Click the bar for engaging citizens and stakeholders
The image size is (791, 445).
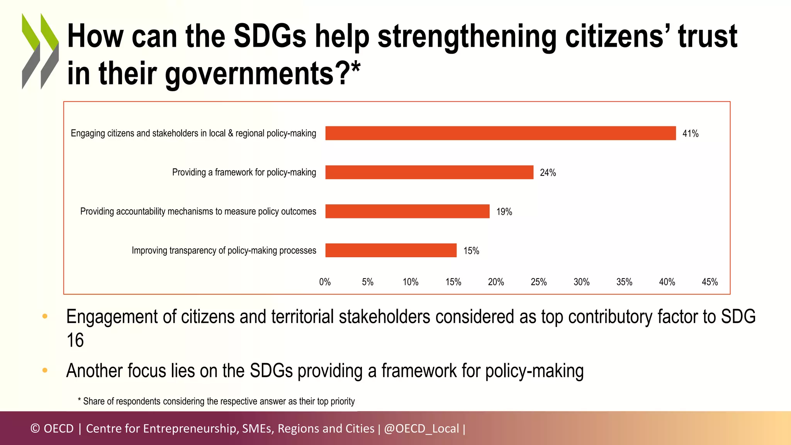[x=501, y=133]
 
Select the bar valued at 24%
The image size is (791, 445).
[x=429, y=172]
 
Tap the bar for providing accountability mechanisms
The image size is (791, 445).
[x=407, y=211]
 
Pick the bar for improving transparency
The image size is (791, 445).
[x=391, y=250]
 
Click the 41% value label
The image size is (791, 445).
[x=690, y=134]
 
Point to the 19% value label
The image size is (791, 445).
[x=504, y=212]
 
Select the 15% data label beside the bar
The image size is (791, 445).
[x=471, y=251]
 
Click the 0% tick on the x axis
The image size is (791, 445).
[x=325, y=282]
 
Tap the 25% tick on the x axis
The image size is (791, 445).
[x=538, y=282]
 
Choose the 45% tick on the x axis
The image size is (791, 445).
[x=710, y=282]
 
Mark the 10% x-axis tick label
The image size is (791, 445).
[x=410, y=282]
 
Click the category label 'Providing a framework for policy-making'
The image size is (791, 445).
[x=244, y=172]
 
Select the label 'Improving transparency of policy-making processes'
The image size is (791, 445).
[x=224, y=250]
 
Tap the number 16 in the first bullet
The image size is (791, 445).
[x=75, y=340]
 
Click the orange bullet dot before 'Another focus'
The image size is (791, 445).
[x=45, y=370]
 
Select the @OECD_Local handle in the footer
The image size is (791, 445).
[x=421, y=428]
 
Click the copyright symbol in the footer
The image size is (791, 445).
[x=35, y=428]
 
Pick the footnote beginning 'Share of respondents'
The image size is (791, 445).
[x=219, y=401]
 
